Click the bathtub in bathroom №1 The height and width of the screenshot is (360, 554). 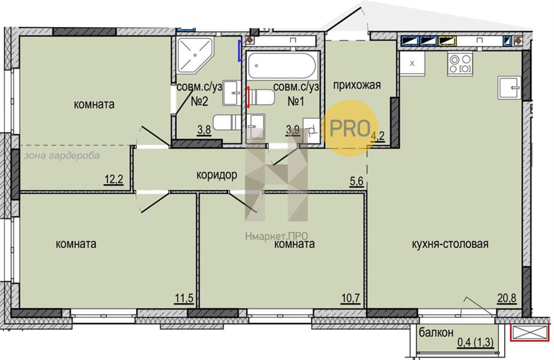[282, 65]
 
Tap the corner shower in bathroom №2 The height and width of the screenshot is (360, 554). [194, 55]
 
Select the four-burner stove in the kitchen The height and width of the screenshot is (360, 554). [460, 64]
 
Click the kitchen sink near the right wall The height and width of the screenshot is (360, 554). [510, 87]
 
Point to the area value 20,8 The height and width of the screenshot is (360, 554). [507, 298]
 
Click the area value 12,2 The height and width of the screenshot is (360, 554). [114, 180]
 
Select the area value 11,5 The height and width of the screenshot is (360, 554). [184, 298]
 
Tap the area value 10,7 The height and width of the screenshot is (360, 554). [351, 298]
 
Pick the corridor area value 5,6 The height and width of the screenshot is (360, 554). [356, 180]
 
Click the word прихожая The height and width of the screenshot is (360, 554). [357, 85]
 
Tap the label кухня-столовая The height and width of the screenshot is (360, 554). [450, 244]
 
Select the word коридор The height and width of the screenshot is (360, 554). [217, 175]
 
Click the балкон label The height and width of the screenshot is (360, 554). [436, 332]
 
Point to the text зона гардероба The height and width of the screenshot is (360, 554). [62, 156]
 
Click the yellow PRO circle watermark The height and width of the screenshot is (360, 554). [351, 128]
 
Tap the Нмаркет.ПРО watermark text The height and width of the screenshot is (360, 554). [276, 236]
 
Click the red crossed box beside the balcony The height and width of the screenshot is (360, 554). [529, 333]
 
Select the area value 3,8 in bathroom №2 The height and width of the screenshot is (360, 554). [204, 130]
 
